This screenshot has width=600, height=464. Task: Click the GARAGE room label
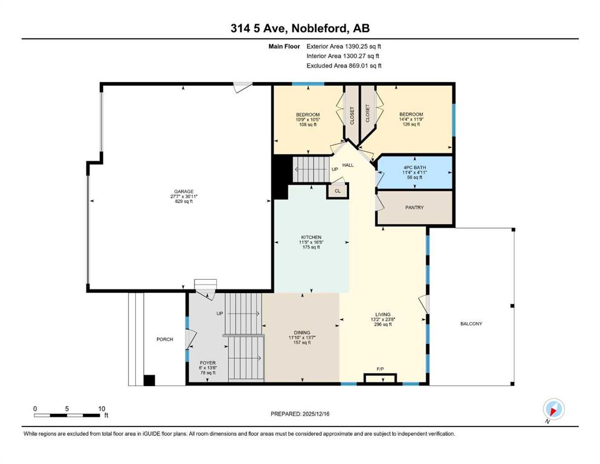tap(184, 192)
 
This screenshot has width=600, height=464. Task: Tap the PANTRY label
tap(415, 207)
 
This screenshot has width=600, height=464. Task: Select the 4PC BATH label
tap(415, 167)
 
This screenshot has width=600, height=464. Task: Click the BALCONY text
tap(471, 324)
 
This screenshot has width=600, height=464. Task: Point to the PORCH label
tap(164, 340)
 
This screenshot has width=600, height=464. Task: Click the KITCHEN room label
tap(311, 237)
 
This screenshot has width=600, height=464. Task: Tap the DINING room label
tap(302, 332)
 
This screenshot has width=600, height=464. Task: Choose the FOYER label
tap(208, 362)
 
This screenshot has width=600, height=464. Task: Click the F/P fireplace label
tap(380, 369)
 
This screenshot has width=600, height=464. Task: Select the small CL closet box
tap(338, 190)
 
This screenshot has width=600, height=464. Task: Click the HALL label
tap(348, 166)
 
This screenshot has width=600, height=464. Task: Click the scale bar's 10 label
tap(102, 408)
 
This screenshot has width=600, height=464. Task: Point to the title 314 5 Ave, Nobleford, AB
tap(300, 28)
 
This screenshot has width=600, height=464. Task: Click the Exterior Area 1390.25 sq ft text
tap(344, 47)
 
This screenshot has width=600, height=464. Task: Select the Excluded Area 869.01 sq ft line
tap(344, 65)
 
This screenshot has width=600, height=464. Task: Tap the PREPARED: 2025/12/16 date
tap(300, 414)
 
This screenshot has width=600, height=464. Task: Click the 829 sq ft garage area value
tap(184, 201)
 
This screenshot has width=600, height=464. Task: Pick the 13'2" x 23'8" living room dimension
tap(382, 320)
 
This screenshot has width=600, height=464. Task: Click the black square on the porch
tap(149, 380)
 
